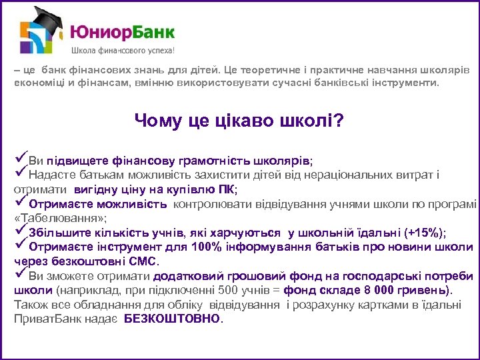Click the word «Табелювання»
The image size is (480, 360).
click(x=59, y=218)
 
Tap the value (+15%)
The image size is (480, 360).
click(x=424, y=233)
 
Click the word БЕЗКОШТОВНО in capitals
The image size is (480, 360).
click(x=172, y=319)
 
